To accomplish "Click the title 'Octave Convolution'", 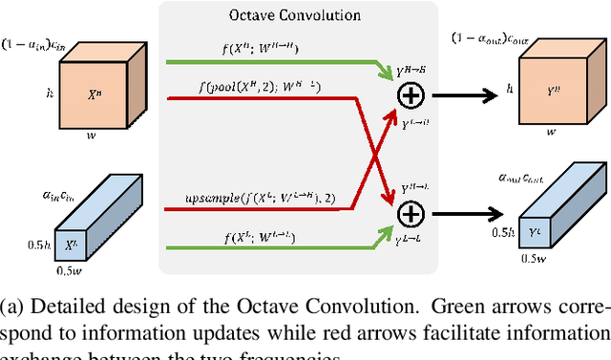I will point(307,15).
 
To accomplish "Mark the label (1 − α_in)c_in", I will point(33,42).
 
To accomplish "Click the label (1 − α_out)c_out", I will point(495,40).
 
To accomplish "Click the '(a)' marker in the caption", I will point(15,307).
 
